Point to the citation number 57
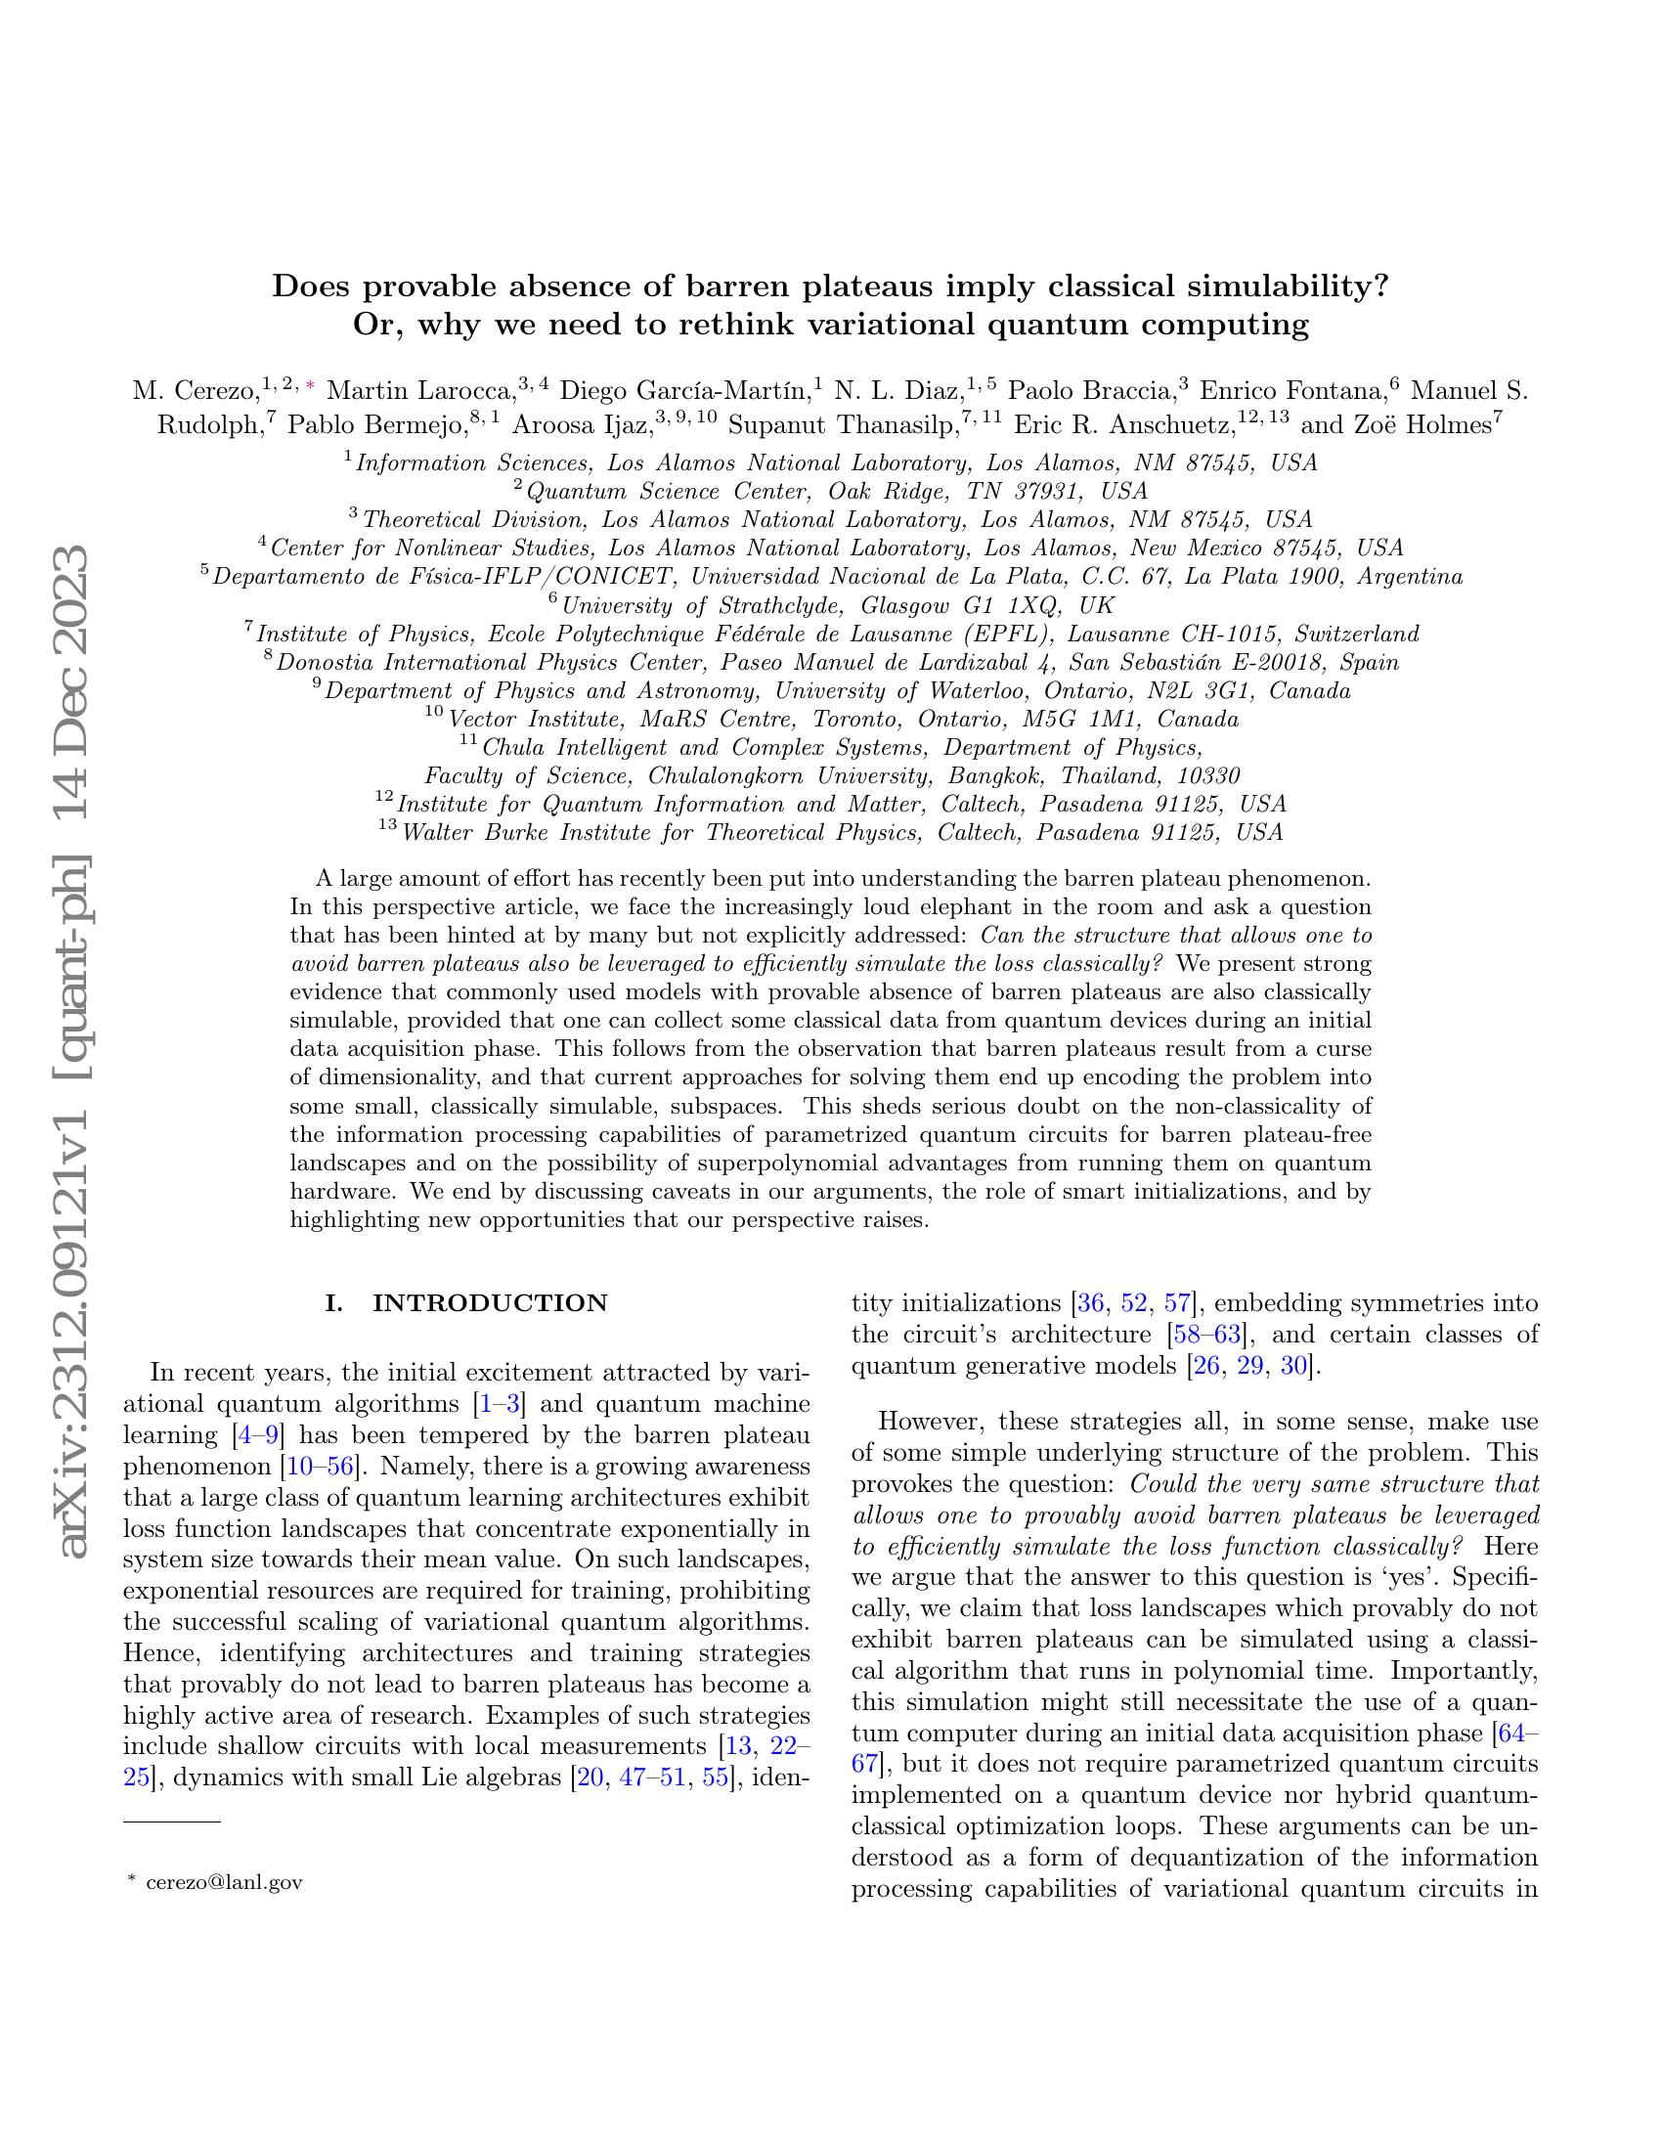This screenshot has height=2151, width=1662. [1178, 1303]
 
